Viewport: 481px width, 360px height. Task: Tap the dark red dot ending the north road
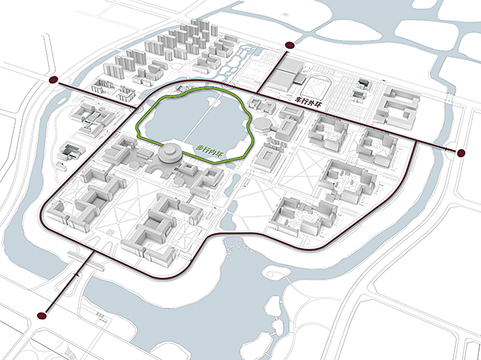point(290,45)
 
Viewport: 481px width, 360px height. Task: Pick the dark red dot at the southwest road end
point(45,315)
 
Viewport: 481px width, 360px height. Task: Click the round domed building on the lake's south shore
point(168,154)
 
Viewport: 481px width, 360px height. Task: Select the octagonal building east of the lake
point(262,123)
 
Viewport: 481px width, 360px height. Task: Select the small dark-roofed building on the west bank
point(69,151)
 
